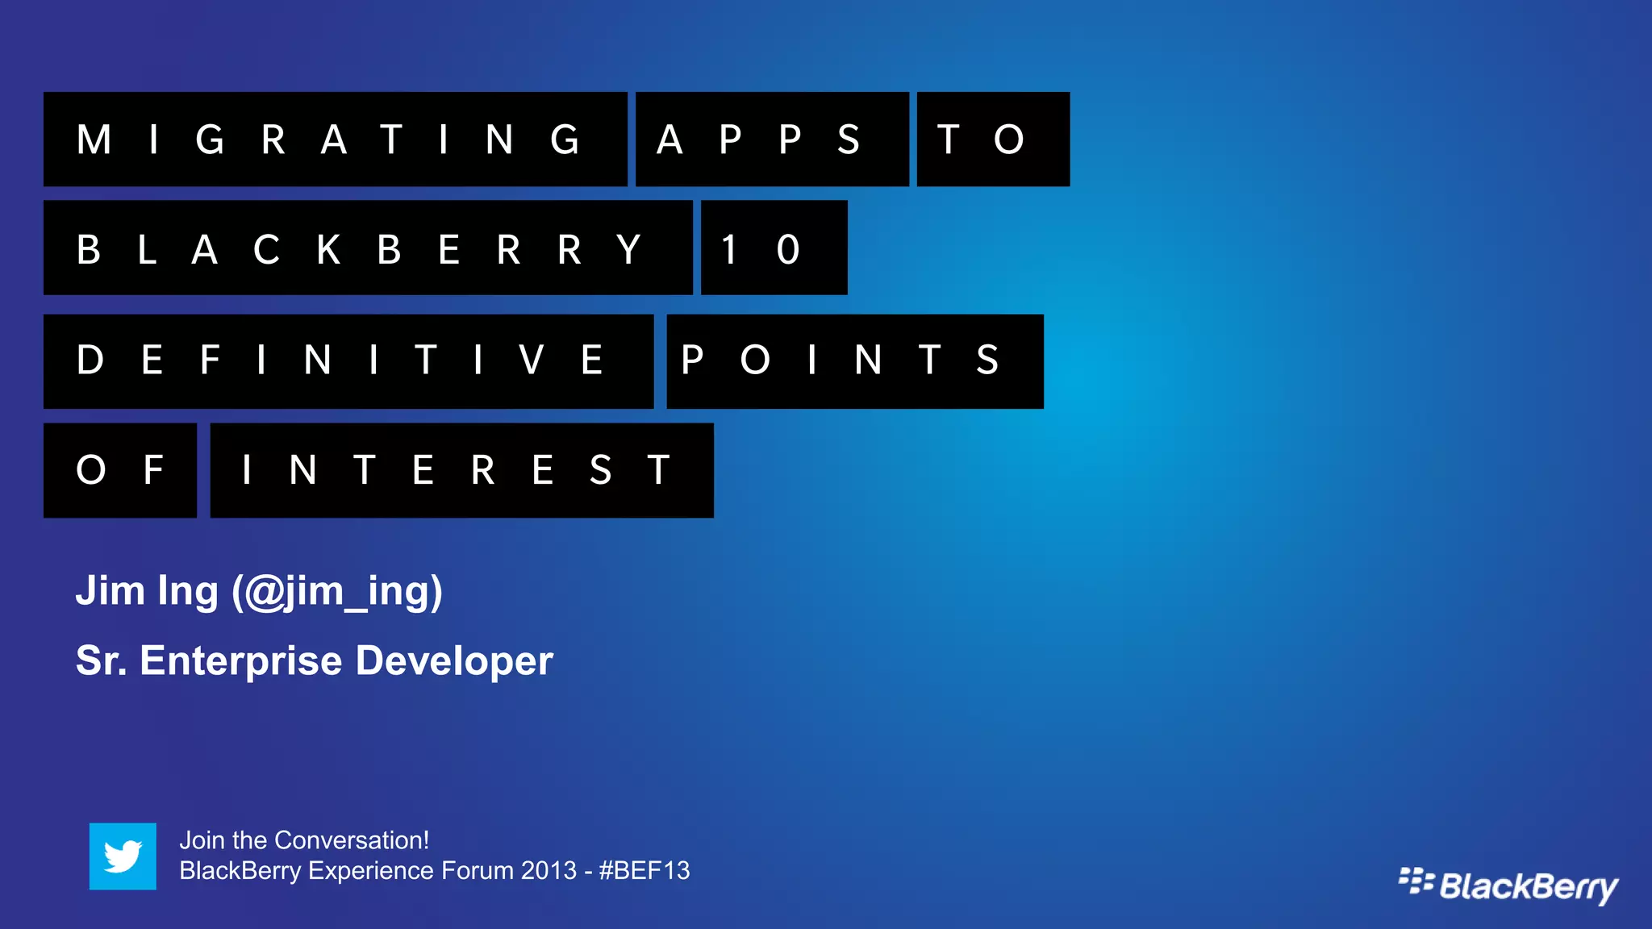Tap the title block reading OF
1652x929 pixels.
119,470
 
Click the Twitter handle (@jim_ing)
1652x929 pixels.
337,592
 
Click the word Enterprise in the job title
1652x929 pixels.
241,661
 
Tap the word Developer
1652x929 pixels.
454,661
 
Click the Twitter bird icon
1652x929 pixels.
123,856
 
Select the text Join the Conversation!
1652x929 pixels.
304,840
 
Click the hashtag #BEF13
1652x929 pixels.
644,871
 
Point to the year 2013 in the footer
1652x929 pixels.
549,871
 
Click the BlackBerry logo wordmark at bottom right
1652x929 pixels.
1529,886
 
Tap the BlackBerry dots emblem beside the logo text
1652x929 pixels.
1416,881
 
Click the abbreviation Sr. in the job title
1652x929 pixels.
101,661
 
